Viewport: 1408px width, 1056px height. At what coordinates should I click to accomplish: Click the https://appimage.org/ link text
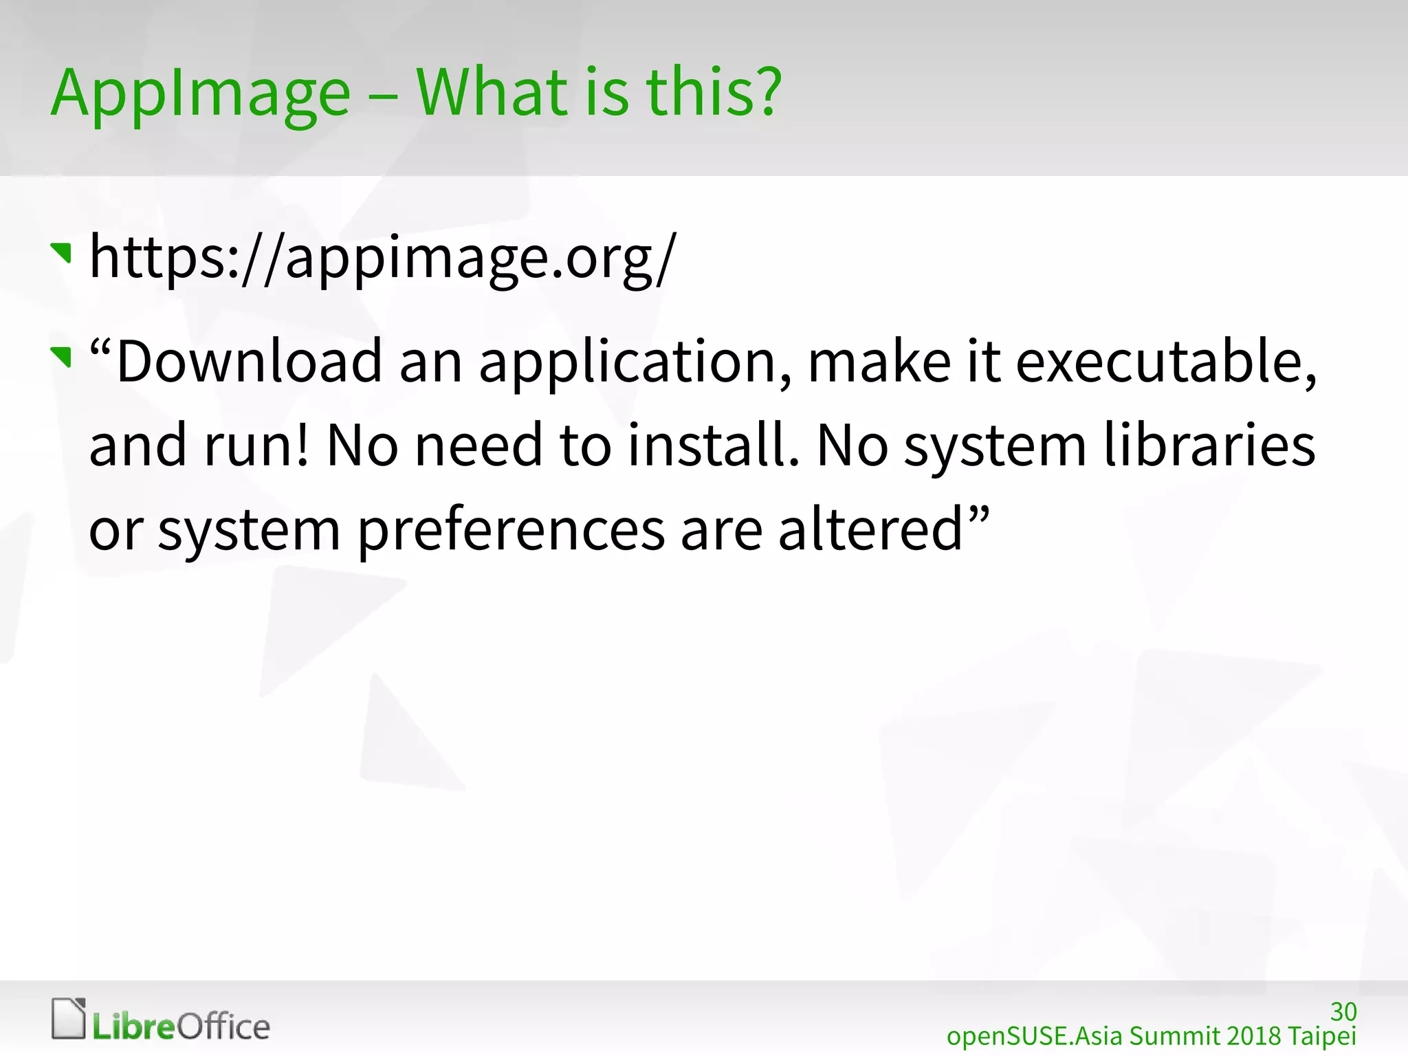tap(383, 258)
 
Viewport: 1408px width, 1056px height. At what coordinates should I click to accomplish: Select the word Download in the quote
tap(249, 362)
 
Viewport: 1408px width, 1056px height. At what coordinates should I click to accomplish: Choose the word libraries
tap(1210, 445)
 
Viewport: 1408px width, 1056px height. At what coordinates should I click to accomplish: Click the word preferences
tap(511, 531)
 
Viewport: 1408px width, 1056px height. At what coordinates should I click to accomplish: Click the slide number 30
tap(1343, 1011)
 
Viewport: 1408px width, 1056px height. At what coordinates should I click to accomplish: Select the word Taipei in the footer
tap(1322, 1036)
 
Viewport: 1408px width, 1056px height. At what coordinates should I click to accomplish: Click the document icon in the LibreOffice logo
tap(69, 1018)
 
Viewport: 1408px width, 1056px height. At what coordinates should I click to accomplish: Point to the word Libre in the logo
tap(135, 1027)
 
